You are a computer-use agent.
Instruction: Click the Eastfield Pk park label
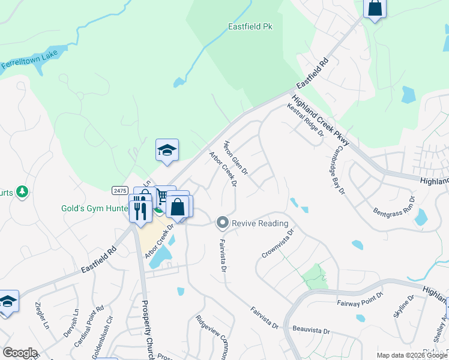250,26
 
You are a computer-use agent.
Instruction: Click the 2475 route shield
120,190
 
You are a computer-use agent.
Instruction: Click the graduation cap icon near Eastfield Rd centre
167,151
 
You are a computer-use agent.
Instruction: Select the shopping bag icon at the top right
375,8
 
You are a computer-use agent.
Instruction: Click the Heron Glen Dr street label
236,157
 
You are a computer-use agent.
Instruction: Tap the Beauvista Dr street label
312,331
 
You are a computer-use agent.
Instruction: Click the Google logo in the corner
20,353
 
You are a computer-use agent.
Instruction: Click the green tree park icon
22,191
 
